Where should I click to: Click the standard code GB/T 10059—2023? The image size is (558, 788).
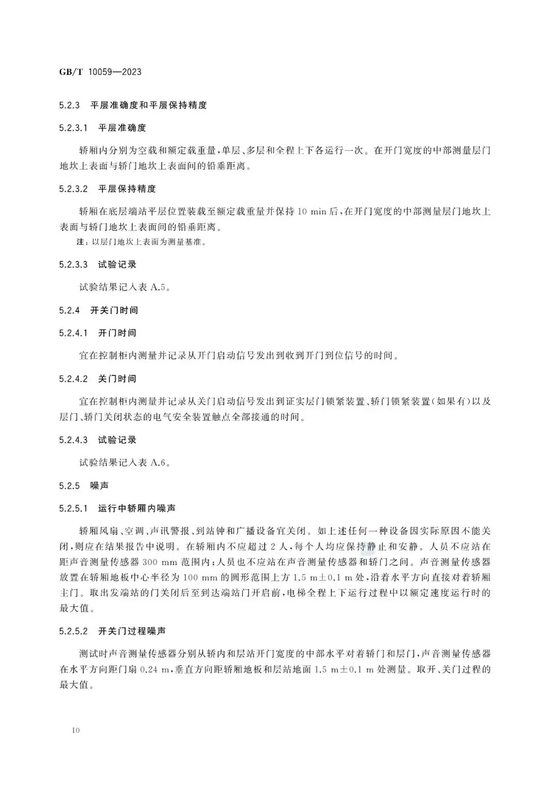point(100,72)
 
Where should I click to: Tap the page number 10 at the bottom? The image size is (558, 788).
point(76,730)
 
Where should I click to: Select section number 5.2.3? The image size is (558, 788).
point(70,105)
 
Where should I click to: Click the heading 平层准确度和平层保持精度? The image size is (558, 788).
point(148,105)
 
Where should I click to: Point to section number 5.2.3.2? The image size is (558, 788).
point(74,188)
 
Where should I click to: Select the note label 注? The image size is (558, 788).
point(80,242)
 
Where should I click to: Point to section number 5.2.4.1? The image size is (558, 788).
point(74,333)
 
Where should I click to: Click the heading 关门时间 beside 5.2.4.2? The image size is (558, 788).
point(117,379)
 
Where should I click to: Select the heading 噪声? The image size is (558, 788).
point(100,485)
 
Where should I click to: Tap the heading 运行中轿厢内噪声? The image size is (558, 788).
point(136,508)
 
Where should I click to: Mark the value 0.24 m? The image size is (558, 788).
point(155,670)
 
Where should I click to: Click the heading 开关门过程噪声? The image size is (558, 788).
point(132,631)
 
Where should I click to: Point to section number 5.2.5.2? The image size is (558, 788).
point(74,631)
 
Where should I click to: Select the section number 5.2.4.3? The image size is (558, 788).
point(74,440)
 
